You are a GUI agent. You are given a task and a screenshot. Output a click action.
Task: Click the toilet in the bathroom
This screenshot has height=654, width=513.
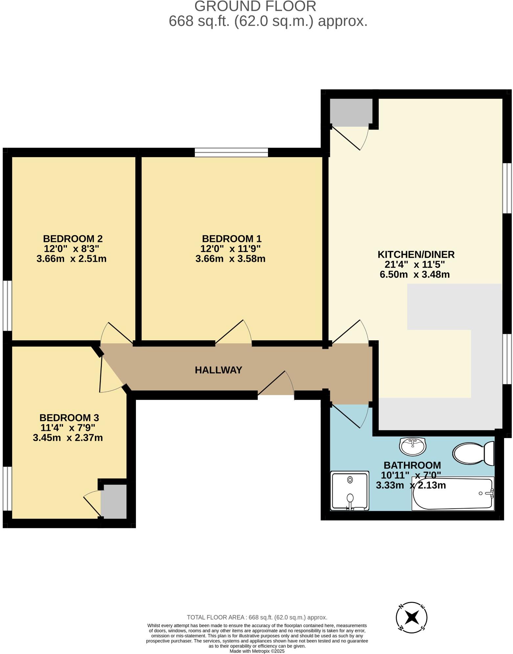tap(473, 453)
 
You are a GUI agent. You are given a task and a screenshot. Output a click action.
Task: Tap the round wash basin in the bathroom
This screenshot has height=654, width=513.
tap(413, 446)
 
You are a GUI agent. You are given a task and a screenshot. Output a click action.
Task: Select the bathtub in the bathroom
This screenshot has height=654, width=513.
tap(453, 494)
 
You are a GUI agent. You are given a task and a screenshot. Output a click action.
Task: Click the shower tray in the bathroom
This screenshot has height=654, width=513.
tap(350, 491)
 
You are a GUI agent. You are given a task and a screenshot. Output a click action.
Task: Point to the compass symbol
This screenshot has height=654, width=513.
tap(412, 618)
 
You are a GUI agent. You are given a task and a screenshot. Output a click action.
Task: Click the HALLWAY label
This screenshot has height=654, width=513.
tap(218, 370)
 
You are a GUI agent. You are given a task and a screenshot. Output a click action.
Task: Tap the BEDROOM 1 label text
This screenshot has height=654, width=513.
tap(232, 239)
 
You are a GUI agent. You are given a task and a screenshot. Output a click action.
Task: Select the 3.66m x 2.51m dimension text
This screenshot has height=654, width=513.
tap(72, 259)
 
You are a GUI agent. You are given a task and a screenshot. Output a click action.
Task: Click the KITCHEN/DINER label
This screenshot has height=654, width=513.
tap(416, 254)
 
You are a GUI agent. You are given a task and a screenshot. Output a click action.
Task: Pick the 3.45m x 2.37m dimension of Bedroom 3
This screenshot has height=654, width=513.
tap(68, 438)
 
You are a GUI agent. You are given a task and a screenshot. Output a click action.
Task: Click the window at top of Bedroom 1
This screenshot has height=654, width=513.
tap(231, 153)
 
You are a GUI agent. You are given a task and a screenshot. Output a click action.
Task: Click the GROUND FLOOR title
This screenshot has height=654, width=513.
tap(255, 6)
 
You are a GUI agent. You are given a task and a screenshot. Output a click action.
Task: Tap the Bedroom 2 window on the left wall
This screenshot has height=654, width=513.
tap(8, 305)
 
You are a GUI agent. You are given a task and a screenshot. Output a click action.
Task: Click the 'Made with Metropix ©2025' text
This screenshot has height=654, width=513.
tap(257, 651)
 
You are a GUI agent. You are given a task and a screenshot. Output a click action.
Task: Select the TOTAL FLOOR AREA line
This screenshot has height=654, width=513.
tap(257, 617)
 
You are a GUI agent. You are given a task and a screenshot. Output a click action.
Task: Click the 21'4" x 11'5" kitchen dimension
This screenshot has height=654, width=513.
tap(415, 264)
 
